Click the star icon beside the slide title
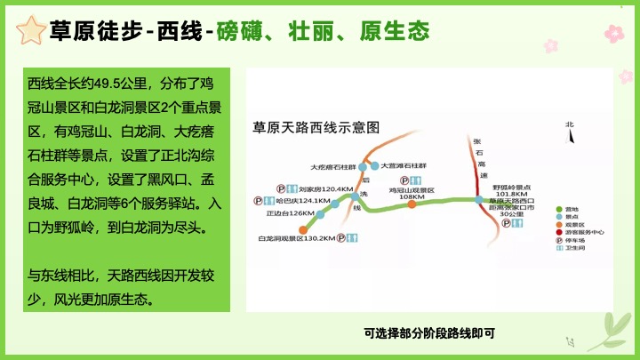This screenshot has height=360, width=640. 31,32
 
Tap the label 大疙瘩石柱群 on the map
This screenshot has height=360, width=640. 332,166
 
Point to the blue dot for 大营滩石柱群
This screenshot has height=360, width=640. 375,165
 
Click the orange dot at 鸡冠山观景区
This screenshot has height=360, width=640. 412,204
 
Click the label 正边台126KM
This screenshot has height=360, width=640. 290,213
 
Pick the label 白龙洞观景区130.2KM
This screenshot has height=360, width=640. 296,238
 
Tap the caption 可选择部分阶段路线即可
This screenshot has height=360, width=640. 428,333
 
